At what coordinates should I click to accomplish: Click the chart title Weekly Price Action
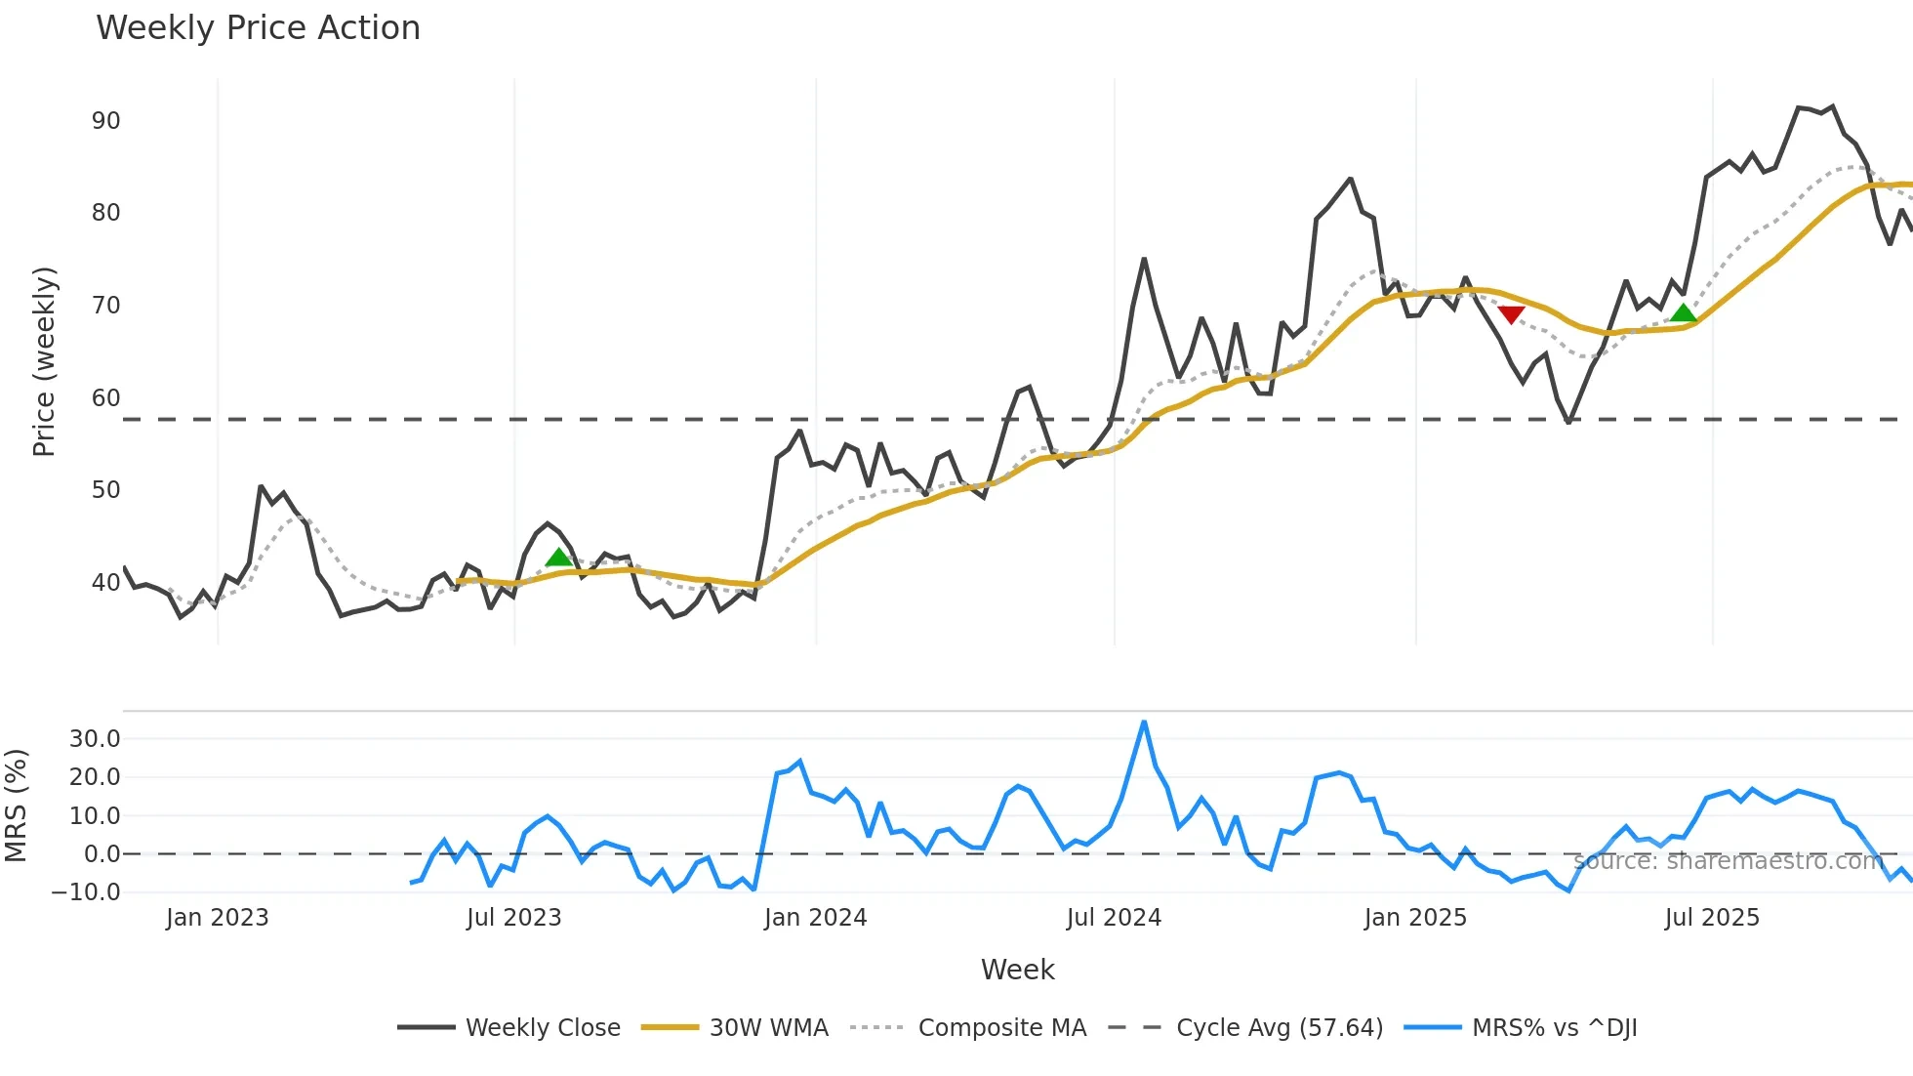(x=258, y=27)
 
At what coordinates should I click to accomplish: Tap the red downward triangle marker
(x=1511, y=314)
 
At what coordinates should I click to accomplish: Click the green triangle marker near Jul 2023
(x=558, y=558)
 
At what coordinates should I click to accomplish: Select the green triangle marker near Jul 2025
(x=1684, y=312)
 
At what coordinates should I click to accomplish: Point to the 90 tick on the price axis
(x=105, y=121)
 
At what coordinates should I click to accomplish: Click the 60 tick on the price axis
(x=105, y=398)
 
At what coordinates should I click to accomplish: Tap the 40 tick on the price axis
(x=105, y=583)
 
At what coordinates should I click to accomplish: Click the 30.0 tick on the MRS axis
(x=95, y=738)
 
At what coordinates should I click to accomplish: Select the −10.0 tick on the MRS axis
(x=87, y=891)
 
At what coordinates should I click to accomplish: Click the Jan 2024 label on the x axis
(x=815, y=918)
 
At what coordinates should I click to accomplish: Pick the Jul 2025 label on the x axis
(x=1712, y=918)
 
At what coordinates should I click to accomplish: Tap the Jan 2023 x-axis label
(x=217, y=918)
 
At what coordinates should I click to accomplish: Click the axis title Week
(x=1017, y=970)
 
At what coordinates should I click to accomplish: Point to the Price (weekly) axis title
(x=45, y=361)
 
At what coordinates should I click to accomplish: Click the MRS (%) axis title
(x=16, y=806)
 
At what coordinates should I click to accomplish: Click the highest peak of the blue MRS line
(x=1144, y=723)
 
